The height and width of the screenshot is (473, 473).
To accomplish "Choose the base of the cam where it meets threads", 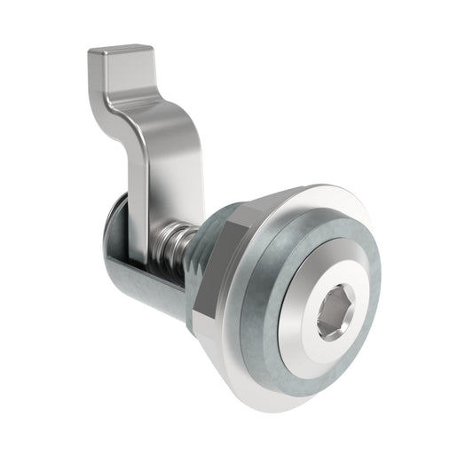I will [x=160, y=233].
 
